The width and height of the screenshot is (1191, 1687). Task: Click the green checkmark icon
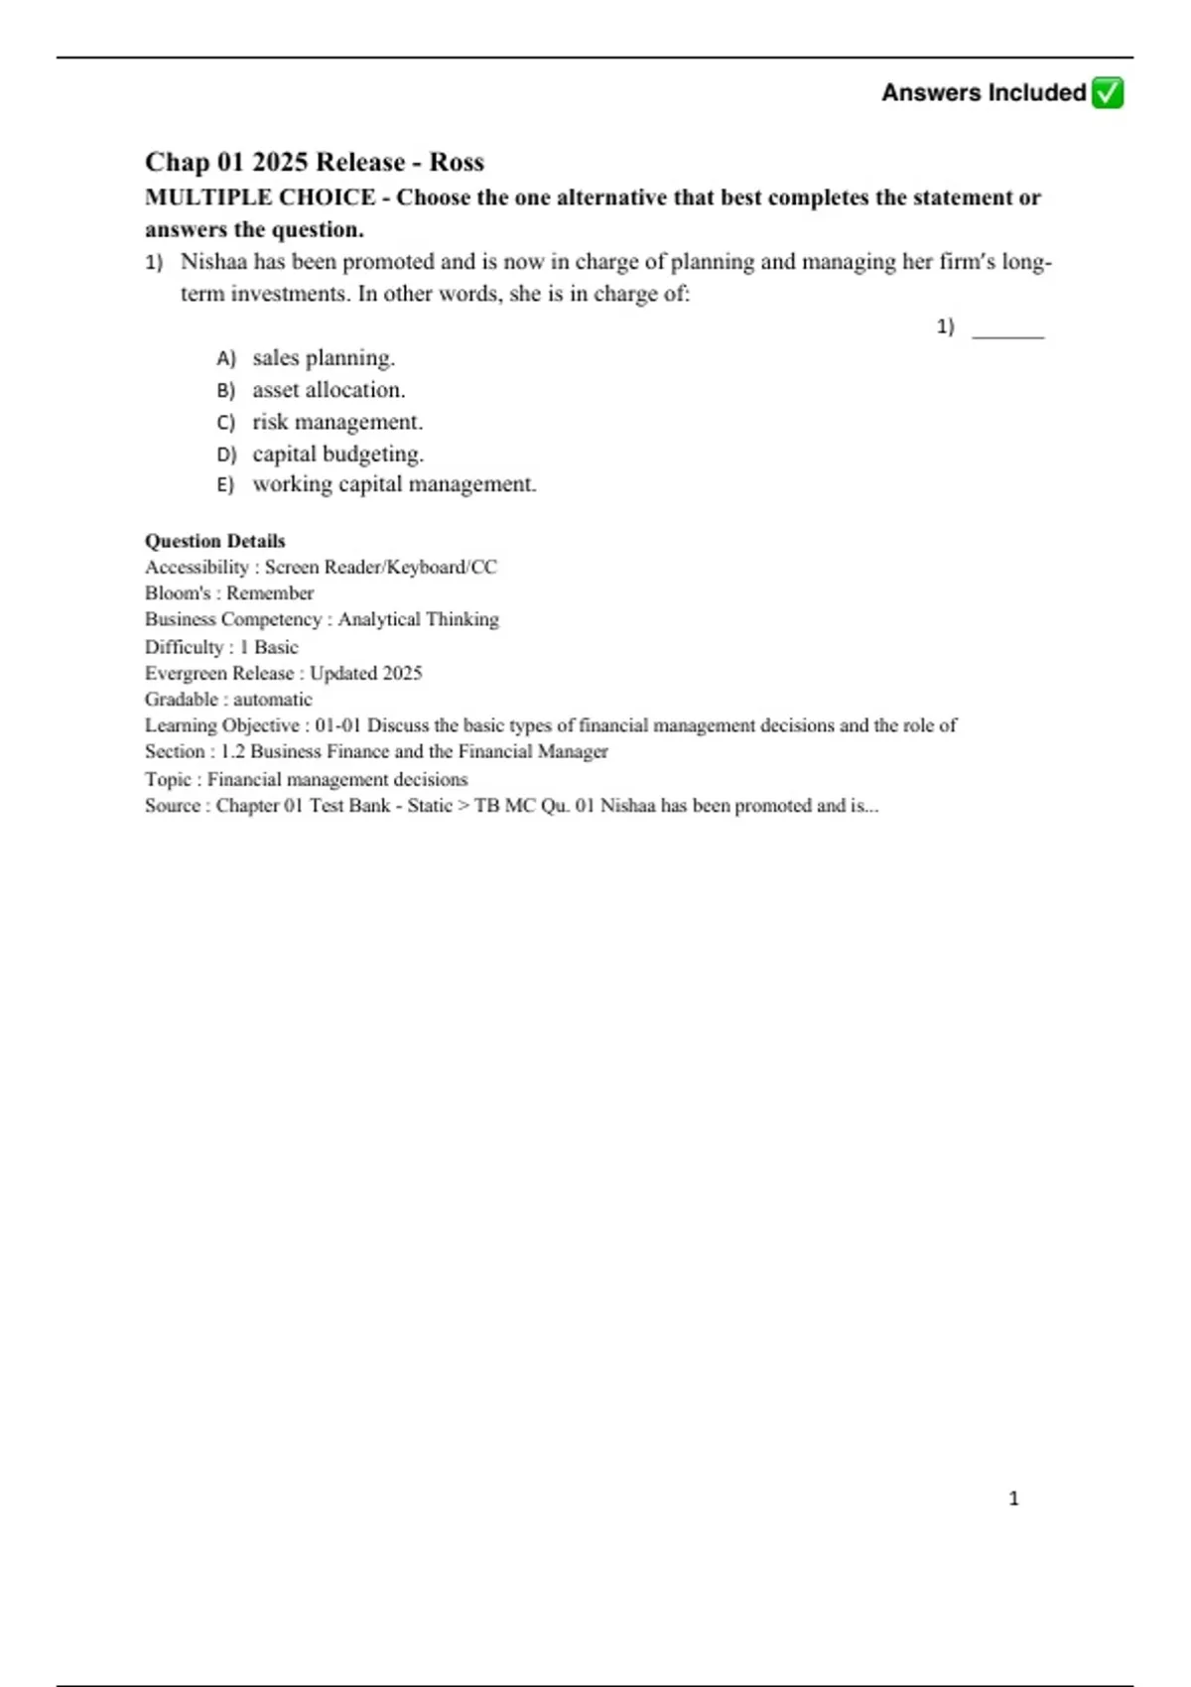pyautogui.click(x=1107, y=93)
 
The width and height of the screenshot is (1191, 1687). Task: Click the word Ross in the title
pyautogui.click(x=457, y=162)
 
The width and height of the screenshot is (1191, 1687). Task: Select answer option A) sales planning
pyautogui.click(x=323, y=357)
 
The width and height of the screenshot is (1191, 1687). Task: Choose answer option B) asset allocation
pyautogui.click(x=328, y=390)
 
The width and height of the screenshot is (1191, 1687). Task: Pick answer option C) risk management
pyautogui.click(x=336, y=422)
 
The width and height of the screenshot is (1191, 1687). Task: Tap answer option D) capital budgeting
pyautogui.click(x=337, y=454)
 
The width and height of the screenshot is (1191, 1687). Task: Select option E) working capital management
pyautogui.click(x=393, y=484)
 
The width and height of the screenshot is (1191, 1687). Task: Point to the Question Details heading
pyautogui.click(x=215, y=541)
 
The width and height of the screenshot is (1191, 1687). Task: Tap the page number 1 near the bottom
pyautogui.click(x=1013, y=1498)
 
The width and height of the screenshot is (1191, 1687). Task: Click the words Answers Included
pyautogui.click(x=984, y=93)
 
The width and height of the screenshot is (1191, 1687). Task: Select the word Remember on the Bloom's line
pyautogui.click(x=270, y=593)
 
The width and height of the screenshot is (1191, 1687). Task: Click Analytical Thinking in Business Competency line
pyautogui.click(x=418, y=619)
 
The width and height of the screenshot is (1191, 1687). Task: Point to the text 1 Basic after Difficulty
pyautogui.click(x=268, y=647)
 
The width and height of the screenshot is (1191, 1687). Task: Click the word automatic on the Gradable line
pyautogui.click(x=272, y=700)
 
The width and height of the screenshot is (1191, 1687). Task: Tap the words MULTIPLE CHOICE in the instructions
pyautogui.click(x=260, y=197)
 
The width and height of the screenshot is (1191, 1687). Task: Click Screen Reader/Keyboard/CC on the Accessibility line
pyautogui.click(x=380, y=568)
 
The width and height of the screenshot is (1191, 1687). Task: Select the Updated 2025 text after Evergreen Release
pyautogui.click(x=365, y=673)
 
